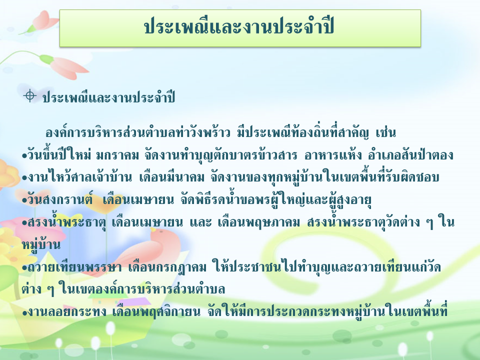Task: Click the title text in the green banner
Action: (x=239, y=27)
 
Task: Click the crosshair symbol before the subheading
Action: (x=29, y=96)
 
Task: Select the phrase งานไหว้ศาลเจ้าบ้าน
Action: (x=80, y=177)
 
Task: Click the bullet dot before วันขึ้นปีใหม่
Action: (x=24, y=156)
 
